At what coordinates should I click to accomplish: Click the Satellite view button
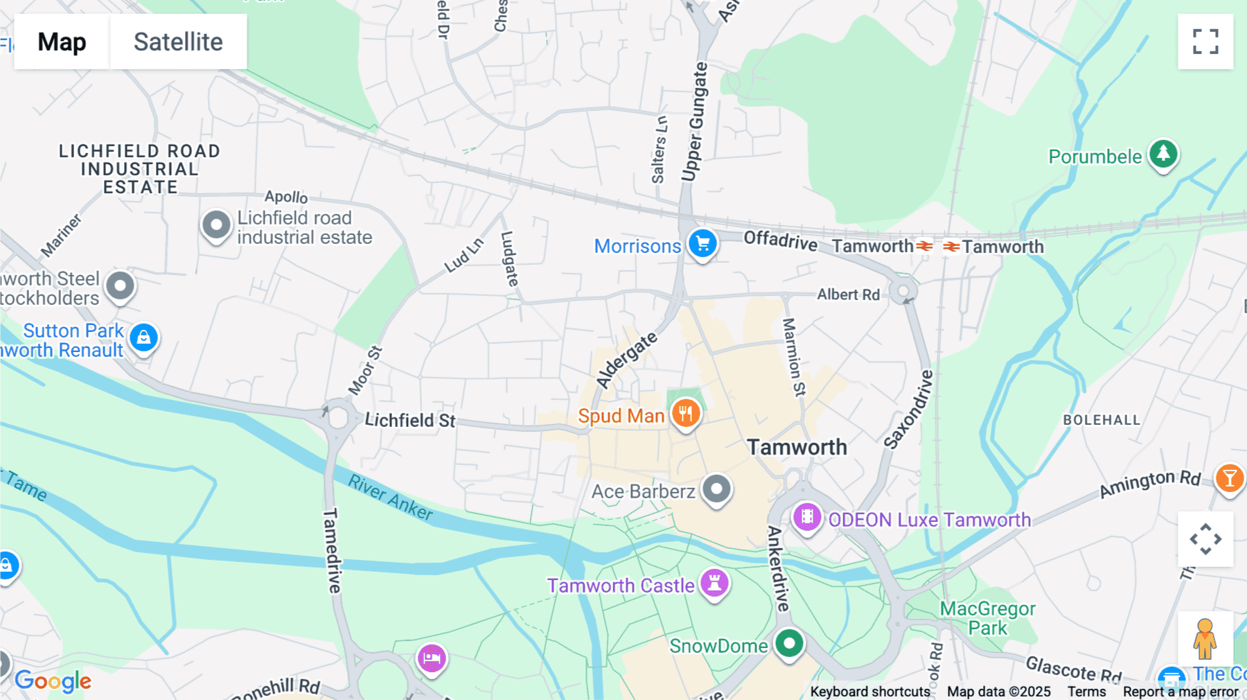pos(178,42)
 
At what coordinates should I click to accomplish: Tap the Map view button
pos(62,42)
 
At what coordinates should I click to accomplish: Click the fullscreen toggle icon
pos(1205,42)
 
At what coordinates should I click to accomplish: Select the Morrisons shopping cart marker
pos(702,244)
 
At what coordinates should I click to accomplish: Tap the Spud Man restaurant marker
pos(685,414)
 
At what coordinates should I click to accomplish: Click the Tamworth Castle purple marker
pos(714,583)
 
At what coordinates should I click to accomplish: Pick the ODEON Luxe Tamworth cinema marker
pos(807,517)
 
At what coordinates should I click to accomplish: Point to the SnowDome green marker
pos(789,643)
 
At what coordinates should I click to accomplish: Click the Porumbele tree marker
pos(1163,154)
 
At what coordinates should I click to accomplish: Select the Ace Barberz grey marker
pos(716,489)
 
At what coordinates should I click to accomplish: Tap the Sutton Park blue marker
pos(143,338)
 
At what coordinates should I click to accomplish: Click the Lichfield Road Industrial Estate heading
pos(139,169)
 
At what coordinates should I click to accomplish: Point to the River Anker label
pos(391,497)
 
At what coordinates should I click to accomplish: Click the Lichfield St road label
pos(409,420)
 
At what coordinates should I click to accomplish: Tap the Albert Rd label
pos(848,295)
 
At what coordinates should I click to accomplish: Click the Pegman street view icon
pos(1205,638)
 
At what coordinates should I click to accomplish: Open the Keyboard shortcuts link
pos(870,692)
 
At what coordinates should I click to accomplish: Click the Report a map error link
pos(1180,692)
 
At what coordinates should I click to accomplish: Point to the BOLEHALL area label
pos(1102,420)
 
